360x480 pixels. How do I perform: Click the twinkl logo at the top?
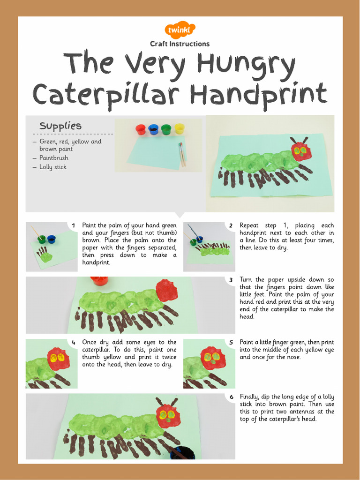point(180,30)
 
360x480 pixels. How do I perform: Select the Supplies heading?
point(60,126)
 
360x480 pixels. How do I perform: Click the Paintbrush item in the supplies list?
point(54,158)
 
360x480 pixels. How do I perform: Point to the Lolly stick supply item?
point(53,167)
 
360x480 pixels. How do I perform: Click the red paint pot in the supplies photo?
point(141,129)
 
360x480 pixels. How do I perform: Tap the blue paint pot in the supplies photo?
point(153,129)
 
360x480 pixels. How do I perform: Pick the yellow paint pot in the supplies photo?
point(180,129)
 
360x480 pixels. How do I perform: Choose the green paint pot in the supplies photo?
point(166,129)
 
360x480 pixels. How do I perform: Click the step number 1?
point(74,226)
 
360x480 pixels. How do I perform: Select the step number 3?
point(231,280)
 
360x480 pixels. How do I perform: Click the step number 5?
point(231,343)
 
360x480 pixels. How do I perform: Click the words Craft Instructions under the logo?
point(180,44)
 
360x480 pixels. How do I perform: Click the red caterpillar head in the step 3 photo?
point(166,291)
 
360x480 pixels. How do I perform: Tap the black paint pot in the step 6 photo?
point(182,453)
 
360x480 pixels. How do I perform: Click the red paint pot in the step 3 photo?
point(99,280)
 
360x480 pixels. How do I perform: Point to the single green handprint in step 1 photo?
point(46,256)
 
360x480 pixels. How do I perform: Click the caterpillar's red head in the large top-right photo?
point(301,151)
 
